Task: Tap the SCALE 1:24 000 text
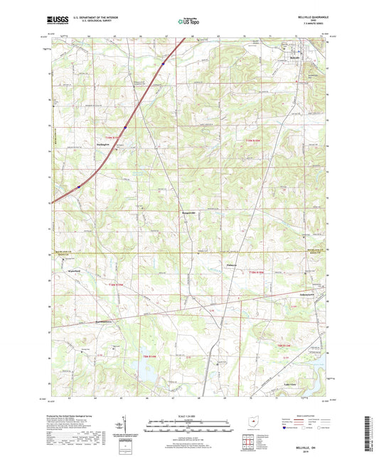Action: pos(189,415)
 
